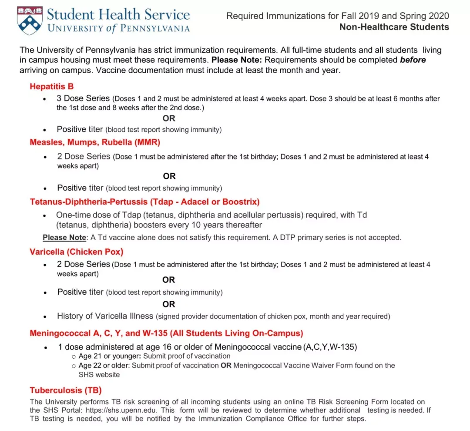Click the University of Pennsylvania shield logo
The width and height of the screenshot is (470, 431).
point(30,20)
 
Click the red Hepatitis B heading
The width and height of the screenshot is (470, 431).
point(51,86)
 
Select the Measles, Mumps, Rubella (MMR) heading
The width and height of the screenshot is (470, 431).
point(95,142)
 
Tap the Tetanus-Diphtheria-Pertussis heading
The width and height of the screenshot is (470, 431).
point(144,202)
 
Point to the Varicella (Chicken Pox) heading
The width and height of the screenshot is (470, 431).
point(77,252)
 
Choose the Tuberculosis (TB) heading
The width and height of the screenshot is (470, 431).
point(65,390)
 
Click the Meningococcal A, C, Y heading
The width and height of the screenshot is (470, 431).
point(166,333)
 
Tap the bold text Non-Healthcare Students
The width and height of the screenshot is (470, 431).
point(394,27)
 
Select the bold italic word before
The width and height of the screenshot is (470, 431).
point(413,60)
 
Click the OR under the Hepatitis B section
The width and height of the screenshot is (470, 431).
point(169,118)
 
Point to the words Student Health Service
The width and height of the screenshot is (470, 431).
point(118,14)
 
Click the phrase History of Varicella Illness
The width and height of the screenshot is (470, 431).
point(105,316)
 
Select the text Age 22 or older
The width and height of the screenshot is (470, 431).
point(104,365)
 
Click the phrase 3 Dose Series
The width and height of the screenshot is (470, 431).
point(83,98)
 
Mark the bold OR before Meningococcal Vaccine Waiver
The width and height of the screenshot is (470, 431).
point(226,365)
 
